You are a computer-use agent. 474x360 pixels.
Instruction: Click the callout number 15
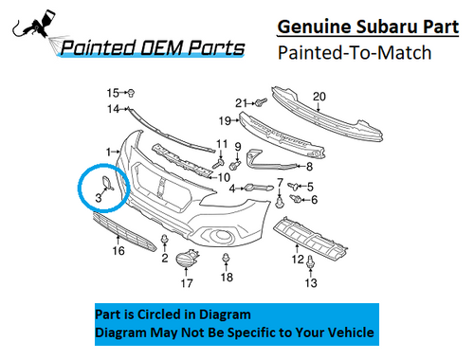(x=112, y=92)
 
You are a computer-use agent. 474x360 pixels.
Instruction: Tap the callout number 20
(x=319, y=96)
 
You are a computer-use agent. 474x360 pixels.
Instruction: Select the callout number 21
(x=241, y=102)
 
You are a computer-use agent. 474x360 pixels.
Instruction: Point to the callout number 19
(x=225, y=120)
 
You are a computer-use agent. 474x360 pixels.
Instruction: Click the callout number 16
(x=118, y=251)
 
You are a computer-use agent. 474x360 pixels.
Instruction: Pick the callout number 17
(x=187, y=282)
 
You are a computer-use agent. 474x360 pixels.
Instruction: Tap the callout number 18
(x=226, y=277)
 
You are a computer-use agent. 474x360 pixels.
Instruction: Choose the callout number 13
(x=310, y=283)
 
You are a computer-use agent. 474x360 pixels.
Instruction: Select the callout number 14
(x=111, y=109)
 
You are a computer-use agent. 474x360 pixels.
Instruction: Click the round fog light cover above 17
(x=190, y=257)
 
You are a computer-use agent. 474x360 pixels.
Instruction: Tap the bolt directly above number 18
(x=226, y=258)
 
